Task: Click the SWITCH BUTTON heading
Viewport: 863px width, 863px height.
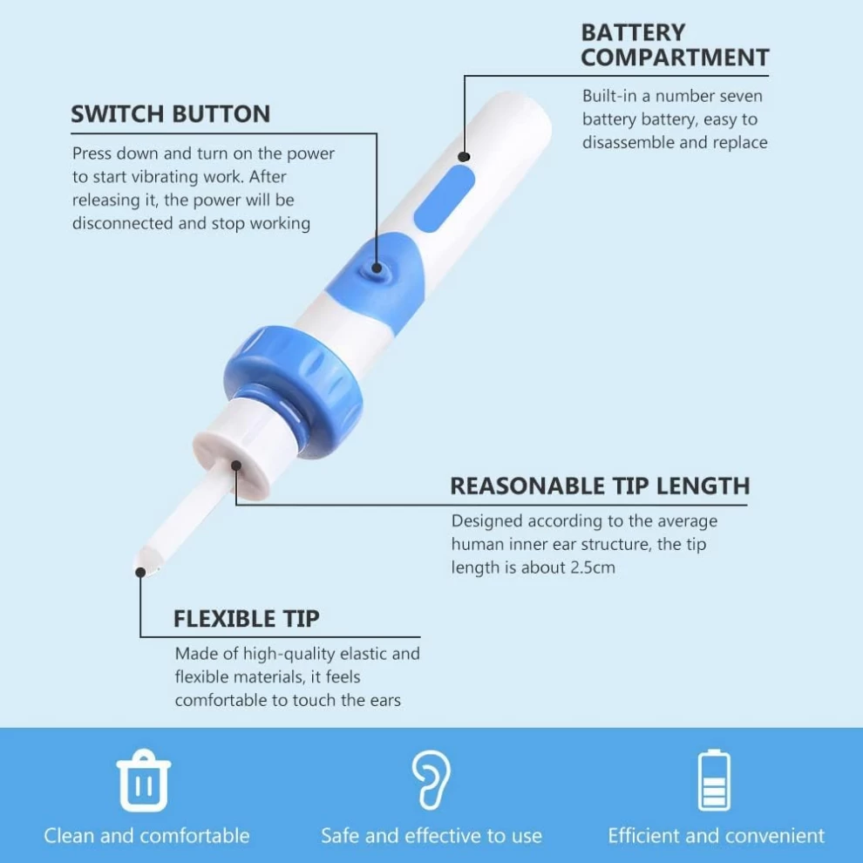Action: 171,114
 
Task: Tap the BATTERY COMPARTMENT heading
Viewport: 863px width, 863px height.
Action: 675,45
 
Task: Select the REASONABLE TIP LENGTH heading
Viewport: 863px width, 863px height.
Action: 600,486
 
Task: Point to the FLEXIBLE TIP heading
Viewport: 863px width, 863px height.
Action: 247,619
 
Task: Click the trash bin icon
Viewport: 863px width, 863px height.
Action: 144,780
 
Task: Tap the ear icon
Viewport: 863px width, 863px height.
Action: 431,780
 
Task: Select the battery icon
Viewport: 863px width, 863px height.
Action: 715,780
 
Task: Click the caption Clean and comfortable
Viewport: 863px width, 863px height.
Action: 147,835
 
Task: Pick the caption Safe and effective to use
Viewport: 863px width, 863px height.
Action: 431,835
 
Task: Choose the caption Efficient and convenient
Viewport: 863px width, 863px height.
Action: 716,835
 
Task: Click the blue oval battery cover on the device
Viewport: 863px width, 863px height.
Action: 445,198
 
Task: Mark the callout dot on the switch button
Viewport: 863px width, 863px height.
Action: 377,268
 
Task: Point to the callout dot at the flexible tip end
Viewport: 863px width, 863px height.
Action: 140,573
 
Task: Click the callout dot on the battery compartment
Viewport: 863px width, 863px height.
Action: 464,157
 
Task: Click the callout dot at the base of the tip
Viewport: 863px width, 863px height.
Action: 236,466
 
